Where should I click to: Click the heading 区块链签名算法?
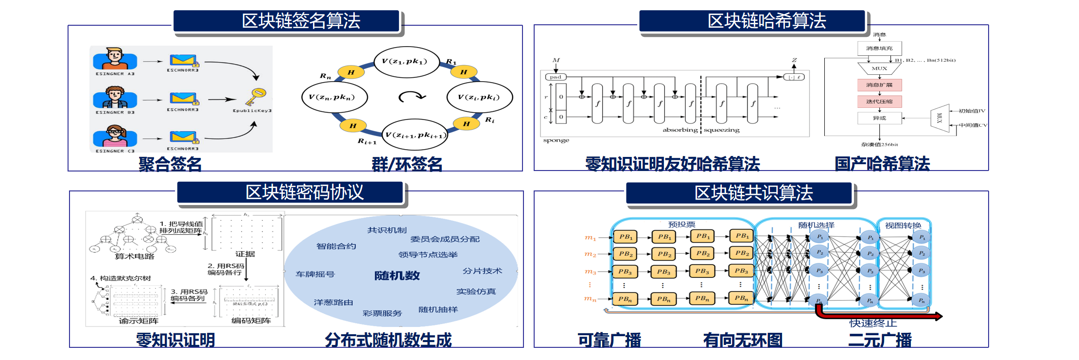coord(301,21)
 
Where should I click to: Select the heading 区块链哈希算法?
coord(766,21)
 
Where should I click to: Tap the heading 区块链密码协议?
coord(304,192)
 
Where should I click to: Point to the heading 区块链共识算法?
coord(753,193)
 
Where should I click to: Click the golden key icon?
coord(255,96)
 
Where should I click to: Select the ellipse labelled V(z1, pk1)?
coord(407,62)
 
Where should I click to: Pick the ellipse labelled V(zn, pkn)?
coord(334,97)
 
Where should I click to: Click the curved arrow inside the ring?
coord(412,97)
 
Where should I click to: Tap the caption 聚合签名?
coord(170,164)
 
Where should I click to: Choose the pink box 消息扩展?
coord(879,85)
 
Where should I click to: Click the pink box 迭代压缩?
coord(879,102)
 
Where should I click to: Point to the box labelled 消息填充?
coord(879,49)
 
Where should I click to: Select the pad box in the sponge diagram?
coord(556,77)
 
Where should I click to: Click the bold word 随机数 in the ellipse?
coord(397,275)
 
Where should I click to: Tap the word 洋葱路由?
coord(333,302)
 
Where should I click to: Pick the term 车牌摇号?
coord(315,274)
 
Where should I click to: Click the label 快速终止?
coord(873,323)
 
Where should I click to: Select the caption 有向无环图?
coord(743,340)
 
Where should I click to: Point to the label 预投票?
coord(681,224)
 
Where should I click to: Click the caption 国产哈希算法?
coord(882,164)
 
